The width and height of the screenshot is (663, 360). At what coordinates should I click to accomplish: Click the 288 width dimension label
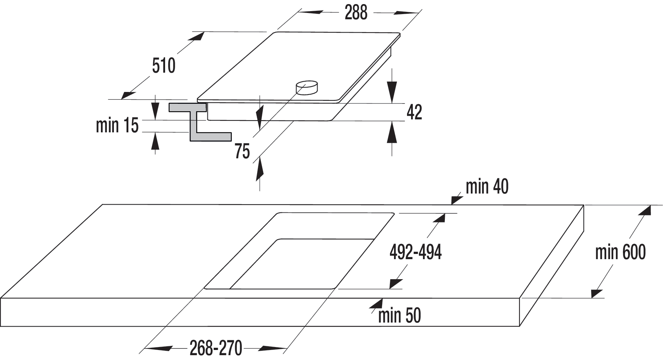(356, 12)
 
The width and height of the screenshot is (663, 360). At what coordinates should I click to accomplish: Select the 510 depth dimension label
(164, 66)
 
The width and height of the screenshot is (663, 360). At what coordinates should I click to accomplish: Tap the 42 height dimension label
(414, 112)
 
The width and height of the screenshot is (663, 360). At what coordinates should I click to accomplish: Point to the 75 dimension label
(242, 151)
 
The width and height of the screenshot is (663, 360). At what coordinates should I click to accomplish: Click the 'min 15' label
(117, 125)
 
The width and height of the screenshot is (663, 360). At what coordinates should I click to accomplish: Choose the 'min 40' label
(487, 186)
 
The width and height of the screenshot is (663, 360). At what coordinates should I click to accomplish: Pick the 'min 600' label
(620, 252)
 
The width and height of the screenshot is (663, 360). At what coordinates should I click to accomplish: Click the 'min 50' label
(400, 316)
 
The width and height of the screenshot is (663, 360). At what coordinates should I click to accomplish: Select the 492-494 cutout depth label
(416, 252)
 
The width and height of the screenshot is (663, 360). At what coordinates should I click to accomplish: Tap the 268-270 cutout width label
(216, 348)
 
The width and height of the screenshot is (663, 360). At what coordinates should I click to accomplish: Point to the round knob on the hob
(307, 88)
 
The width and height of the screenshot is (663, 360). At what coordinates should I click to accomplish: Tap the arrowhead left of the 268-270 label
(158, 348)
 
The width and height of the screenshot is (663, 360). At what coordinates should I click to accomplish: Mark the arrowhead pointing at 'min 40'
(457, 200)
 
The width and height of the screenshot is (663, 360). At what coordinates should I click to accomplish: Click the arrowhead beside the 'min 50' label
(376, 303)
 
